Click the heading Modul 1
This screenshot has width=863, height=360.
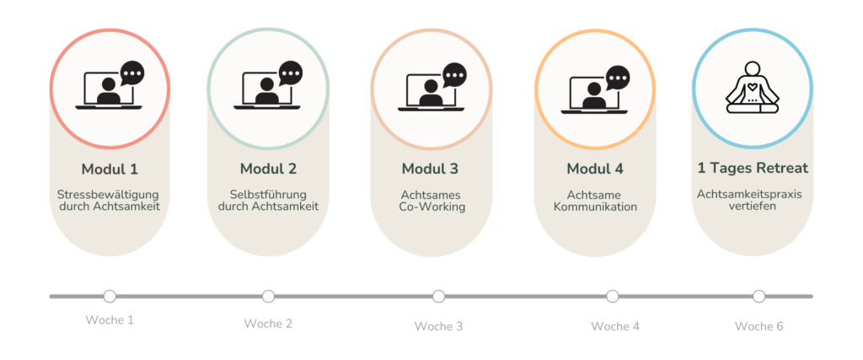point(110,169)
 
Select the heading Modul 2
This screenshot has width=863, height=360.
point(268,169)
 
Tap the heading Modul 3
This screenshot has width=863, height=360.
point(430,169)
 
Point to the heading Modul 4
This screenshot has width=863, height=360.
point(595,169)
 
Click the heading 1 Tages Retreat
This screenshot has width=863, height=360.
point(753,168)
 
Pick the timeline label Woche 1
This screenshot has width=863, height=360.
point(110,320)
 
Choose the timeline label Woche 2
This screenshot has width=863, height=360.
point(268,324)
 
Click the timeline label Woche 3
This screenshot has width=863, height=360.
point(438,326)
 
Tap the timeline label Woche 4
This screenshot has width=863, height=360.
point(615,326)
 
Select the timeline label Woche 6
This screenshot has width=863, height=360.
point(758,326)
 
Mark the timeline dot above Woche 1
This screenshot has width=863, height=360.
point(110,296)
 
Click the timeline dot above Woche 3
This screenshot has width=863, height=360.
point(438,296)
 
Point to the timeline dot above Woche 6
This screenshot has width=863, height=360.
point(758,296)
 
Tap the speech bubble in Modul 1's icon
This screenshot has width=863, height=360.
point(131,73)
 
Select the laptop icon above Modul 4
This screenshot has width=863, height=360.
point(593,93)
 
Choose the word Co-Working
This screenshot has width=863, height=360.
point(432,207)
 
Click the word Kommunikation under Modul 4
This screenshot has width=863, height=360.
point(595,207)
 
